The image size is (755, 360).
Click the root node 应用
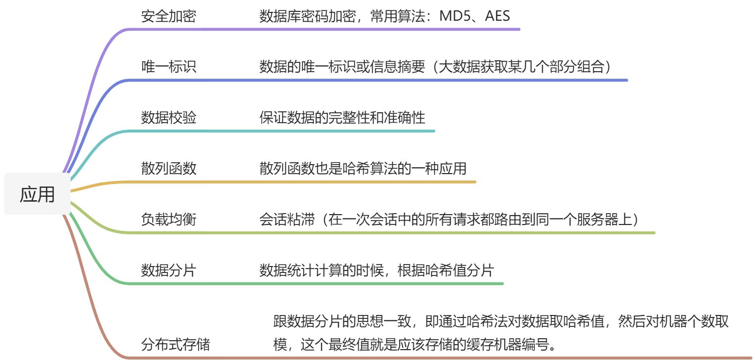click(x=37, y=194)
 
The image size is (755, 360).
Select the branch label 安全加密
click(x=168, y=17)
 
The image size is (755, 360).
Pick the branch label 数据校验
click(x=168, y=118)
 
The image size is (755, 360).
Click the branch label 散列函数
click(x=168, y=169)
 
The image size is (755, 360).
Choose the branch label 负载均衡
click(x=168, y=220)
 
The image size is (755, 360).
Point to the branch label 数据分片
click(x=168, y=270)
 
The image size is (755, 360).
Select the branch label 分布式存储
click(x=175, y=344)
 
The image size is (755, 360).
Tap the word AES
click(x=497, y=17)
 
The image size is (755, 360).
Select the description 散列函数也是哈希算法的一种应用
click(x=363, y=169)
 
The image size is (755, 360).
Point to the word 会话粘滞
click(x=286, y=220)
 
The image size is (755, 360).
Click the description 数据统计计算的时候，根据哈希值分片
click(x=377, y=270)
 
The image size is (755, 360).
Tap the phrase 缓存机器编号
click(x=521, y=344)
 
